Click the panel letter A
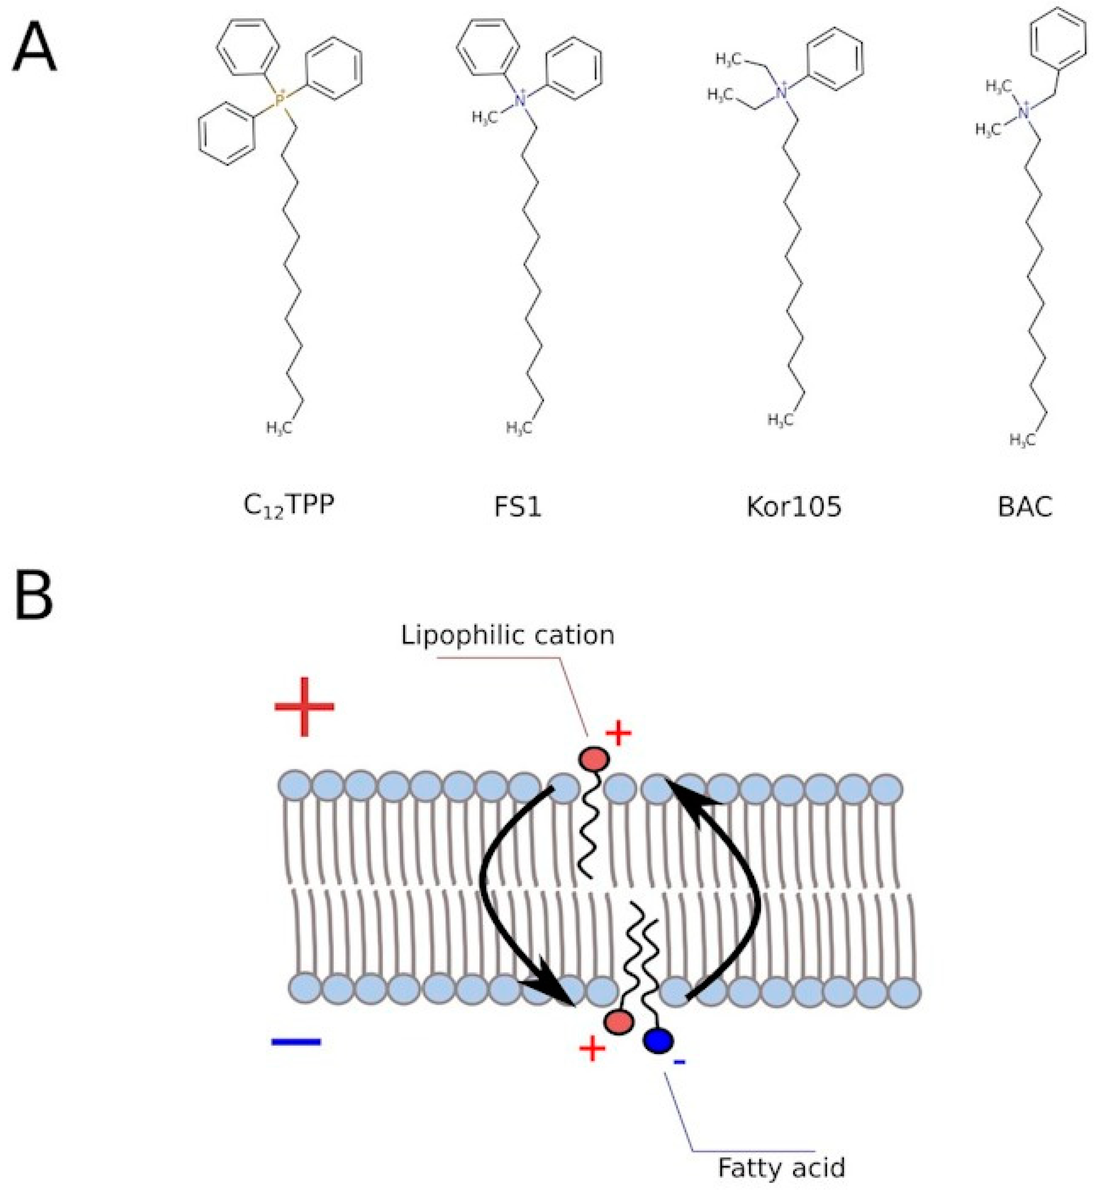35,50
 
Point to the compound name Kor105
794,506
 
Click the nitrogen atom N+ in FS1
520,99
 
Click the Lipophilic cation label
508,635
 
